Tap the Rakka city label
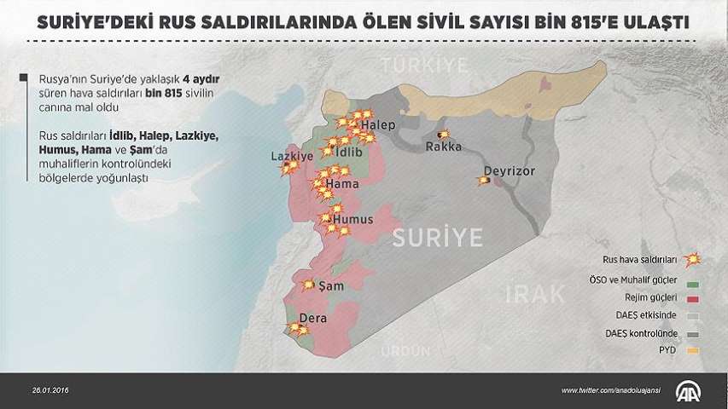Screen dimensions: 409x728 tap(444, 147)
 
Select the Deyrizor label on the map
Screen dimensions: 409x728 tap(509, 170)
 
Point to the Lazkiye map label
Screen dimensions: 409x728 tap(287, 157)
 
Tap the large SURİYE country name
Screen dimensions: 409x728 tap(437, 237)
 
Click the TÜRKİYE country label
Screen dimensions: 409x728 tap(424, 65)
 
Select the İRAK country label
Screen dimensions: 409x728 tap(535, 295)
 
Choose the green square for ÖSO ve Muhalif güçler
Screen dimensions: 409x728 tap(693, 280)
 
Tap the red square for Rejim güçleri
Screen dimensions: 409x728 tap(693, 297)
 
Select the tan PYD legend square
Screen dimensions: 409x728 tap(693, 349)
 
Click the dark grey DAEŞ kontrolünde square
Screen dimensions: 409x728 tap(693, 332)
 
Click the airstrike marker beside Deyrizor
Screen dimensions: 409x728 tap(484, 180)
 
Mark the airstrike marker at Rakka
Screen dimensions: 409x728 tap(442, 135)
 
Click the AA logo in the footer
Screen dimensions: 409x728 tap(688, 390)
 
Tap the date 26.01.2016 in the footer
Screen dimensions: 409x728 tap(50, 390)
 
